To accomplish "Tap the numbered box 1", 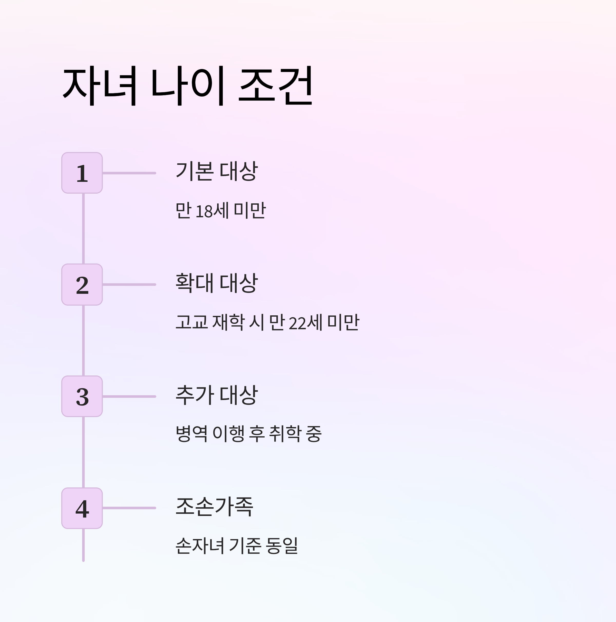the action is tap(82, 173).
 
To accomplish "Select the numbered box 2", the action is tap(82, 285).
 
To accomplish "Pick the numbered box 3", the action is tap(82, 396).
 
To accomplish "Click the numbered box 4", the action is tap(82, 508).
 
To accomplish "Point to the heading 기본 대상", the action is tap(217, 171).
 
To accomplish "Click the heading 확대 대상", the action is tap(217, 283).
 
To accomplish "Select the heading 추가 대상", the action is tap(217, 394).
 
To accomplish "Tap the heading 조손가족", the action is tap(214, 506).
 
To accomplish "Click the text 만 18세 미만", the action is tap(220, 211).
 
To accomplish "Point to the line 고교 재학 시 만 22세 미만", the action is tap(267, 322).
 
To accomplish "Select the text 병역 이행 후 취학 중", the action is tap(248, 434).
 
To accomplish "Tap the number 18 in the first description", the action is tap(204, 211).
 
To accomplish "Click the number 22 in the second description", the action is tap(297, 323).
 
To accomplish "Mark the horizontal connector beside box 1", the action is tap(129, 173).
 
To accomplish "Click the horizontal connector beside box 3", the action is tap(129, 396).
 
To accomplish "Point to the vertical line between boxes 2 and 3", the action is tap(83, 340).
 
